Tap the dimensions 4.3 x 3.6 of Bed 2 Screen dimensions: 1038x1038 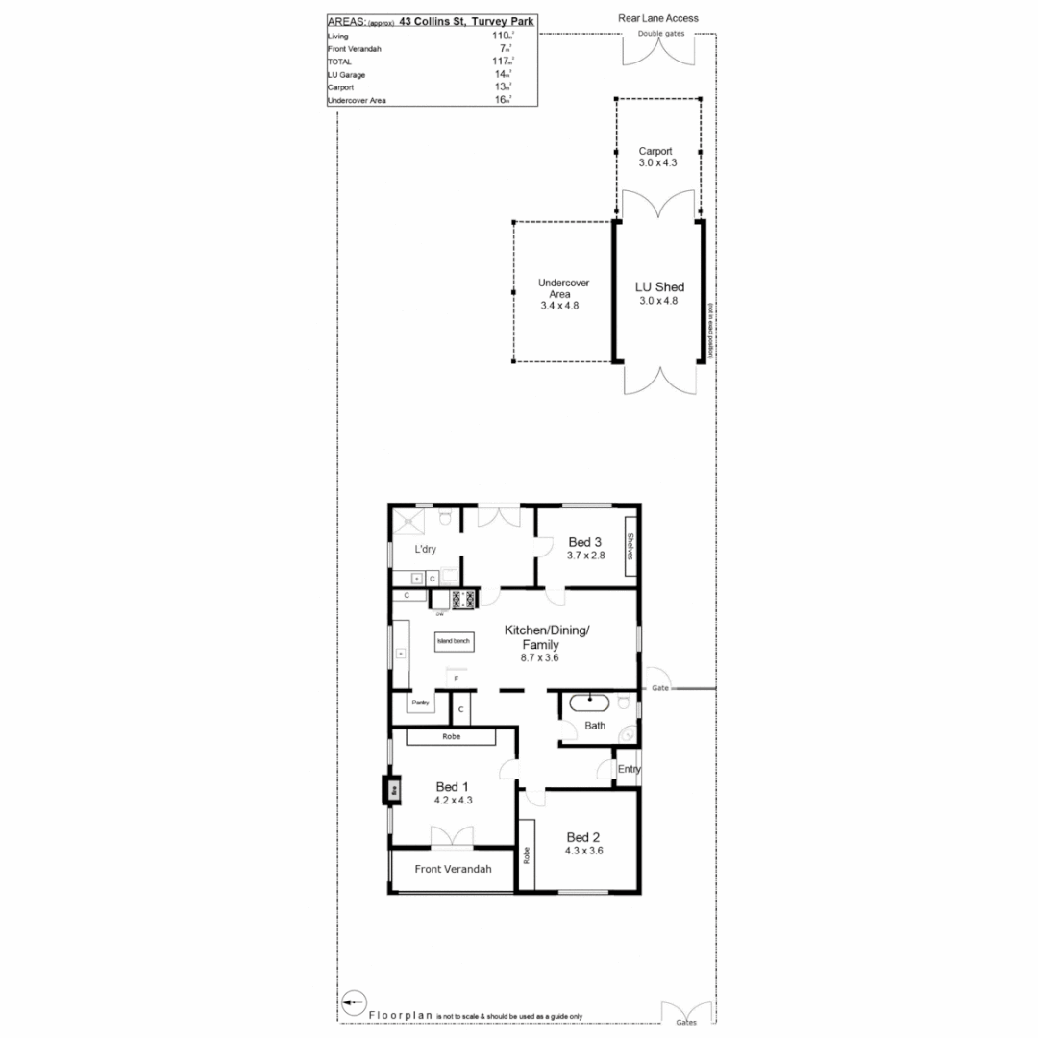tap(584, 851)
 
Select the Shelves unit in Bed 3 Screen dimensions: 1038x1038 tap(631, 549)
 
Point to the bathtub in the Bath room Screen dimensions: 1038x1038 tap(590, 703)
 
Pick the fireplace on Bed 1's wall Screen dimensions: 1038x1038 tap(392, 791)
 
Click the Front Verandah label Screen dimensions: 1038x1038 tap(453, 869)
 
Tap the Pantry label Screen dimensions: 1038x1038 tap(420, 703)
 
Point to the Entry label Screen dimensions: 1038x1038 tap(629, 769)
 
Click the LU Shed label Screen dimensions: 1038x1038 tap(659, 286)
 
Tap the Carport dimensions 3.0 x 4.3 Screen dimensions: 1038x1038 tap(658, 163)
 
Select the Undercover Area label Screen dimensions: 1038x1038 tap(563, 288)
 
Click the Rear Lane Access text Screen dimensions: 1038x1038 tap(658, 18)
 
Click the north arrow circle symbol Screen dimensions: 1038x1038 tap(353, 1001)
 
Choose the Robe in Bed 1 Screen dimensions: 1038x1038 tap(451, 736)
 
